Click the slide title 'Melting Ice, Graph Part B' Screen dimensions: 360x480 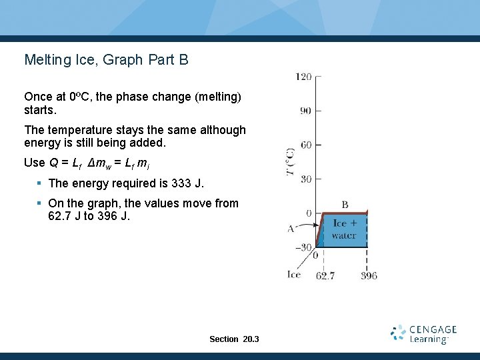(107, 60)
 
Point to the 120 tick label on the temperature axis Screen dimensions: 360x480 (303, 77)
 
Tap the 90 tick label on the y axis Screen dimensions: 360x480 (305, 111)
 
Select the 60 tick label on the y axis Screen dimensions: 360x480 (305, 145)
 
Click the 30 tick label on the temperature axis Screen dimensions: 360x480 (305, 179)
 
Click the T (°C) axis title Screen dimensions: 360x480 (291, 162)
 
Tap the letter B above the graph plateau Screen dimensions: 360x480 (345, 204)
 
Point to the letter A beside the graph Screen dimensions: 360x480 (291, 229)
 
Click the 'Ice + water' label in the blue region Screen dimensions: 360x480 (344, 229)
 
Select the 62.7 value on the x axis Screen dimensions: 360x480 (325, 275)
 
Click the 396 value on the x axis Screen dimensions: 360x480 (369, 275)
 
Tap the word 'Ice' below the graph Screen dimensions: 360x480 (294, 275)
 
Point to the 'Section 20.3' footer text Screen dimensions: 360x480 (234, 339)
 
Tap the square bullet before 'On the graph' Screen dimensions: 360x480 (40, 203)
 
